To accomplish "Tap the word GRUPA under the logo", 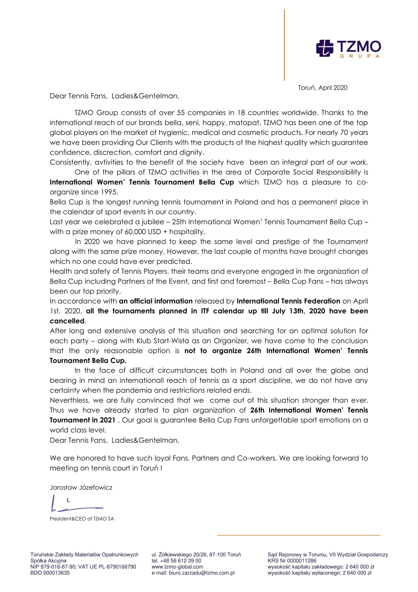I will [360, 56].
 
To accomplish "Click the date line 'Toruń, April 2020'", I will [322, 88].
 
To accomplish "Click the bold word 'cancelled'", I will [67, 321].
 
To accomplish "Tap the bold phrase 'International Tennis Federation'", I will [288, 301].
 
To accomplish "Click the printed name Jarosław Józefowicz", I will [81, 487].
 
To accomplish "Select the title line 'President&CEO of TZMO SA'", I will [82, 519].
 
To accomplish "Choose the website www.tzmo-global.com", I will [177, 567].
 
